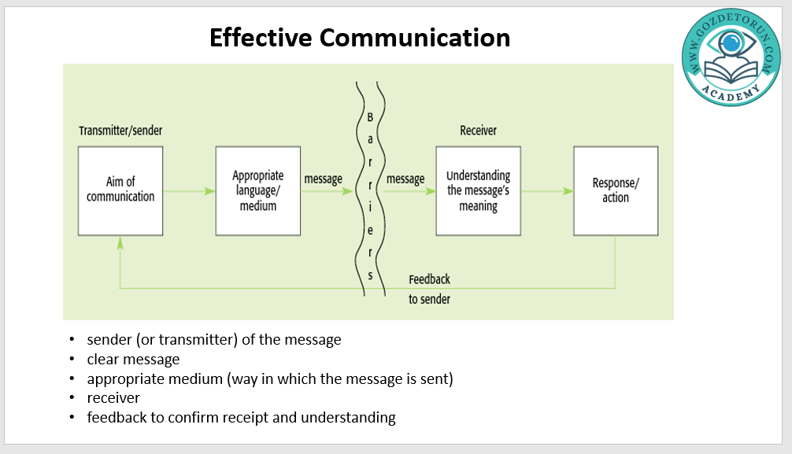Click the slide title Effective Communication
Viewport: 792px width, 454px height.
[360, 37]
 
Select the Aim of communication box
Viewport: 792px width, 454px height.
[120, 190]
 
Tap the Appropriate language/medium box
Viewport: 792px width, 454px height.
[257, 190]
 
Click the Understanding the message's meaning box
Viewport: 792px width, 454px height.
[478, 190]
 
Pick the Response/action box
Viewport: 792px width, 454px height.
[616, 190]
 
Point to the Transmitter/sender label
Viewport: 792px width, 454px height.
[120, 131]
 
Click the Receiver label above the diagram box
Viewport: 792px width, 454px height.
[479, 131]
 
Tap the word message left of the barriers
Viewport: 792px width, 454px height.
[323, 179]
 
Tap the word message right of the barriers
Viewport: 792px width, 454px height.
[405, 179]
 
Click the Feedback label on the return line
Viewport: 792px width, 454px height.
[429, 280]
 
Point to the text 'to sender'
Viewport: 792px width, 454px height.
[429, 299]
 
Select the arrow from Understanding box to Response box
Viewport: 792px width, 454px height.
[547, 191]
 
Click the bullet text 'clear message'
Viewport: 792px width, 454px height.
[133, 360]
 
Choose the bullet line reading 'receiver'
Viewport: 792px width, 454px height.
[113, 398]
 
